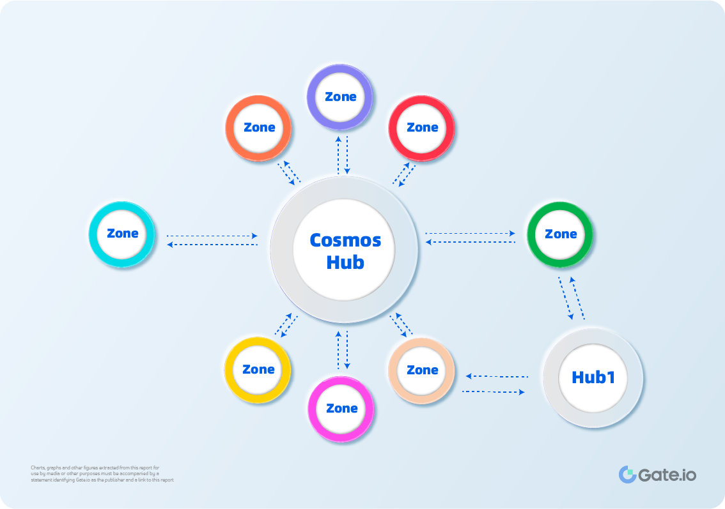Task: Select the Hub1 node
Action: pos(593,377)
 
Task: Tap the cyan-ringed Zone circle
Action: pos(122,234)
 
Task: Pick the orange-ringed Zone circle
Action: pos(259,128)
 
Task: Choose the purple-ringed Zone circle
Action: pos(340,97)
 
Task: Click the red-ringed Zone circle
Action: pos(422,128)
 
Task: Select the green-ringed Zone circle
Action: pos(561,234)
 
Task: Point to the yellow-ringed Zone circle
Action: pos(258,370)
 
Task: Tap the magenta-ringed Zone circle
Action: pos(341,409)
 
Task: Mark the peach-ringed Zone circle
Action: pos(422,370)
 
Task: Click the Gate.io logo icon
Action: pos(627,475)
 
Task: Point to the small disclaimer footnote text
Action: pos(102,474)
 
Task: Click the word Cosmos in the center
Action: pos(345,240)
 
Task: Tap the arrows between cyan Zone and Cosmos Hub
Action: pos(212,240)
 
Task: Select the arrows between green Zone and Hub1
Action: pos(572,298)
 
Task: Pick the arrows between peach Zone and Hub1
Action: pos(496,384)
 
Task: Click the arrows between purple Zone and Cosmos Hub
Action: pos(343,154)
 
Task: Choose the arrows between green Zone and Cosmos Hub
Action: pos(471,238)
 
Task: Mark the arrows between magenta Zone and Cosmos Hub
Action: pos(343,350)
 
